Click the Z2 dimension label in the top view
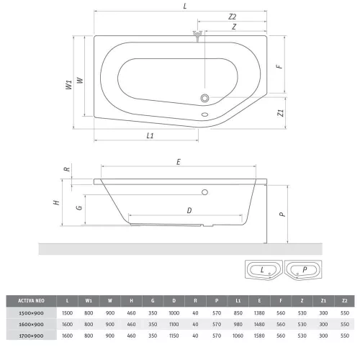coord(232,17)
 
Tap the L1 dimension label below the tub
coord(150,136)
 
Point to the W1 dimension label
coord(69,85)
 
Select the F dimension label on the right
coord(279,66)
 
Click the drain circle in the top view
coord(204,98)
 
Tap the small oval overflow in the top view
coord(204,114)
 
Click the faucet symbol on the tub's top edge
coord(197,36)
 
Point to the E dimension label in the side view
coord(179,162)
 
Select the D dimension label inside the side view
coord(189,210)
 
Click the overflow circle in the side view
coord(204,192)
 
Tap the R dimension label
coord(67,169)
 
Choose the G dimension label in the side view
coord(79,207)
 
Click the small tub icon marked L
coord(264,270)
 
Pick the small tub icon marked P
coord(303,270)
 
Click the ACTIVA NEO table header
coord(31,301)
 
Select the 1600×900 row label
coord(31,325)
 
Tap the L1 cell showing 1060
coord(238,336)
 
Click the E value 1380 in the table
coord(259,313)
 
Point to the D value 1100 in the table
coord(174,325)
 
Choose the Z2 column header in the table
coord(345,301)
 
